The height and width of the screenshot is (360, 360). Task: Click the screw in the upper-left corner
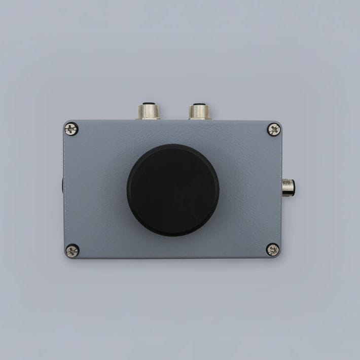tap(71, 129)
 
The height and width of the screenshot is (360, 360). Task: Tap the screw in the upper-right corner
tap(274, 129)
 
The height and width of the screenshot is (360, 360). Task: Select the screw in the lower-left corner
tap(72, 250)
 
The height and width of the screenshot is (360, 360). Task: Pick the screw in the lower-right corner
tap(273, 249)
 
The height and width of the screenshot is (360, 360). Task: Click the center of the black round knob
tap(173, 190)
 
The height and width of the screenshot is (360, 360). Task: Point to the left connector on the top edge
tap(148, 112)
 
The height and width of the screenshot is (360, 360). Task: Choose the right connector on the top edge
tap(200, 112)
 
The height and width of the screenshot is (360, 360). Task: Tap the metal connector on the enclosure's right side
tap(289, 187)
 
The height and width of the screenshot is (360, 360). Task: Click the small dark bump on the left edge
tap(63, 185)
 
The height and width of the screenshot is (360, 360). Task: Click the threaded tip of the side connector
tap(292, 187)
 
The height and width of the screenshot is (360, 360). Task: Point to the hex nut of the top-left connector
tap(148, 116)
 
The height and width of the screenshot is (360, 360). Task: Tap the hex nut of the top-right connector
tap(200, 116)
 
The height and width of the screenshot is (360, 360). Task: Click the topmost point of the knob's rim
tap(173, 145)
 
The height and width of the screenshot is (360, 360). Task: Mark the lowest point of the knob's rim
tap(173, 236)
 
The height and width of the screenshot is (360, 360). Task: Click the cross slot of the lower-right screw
tap(273, 249)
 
